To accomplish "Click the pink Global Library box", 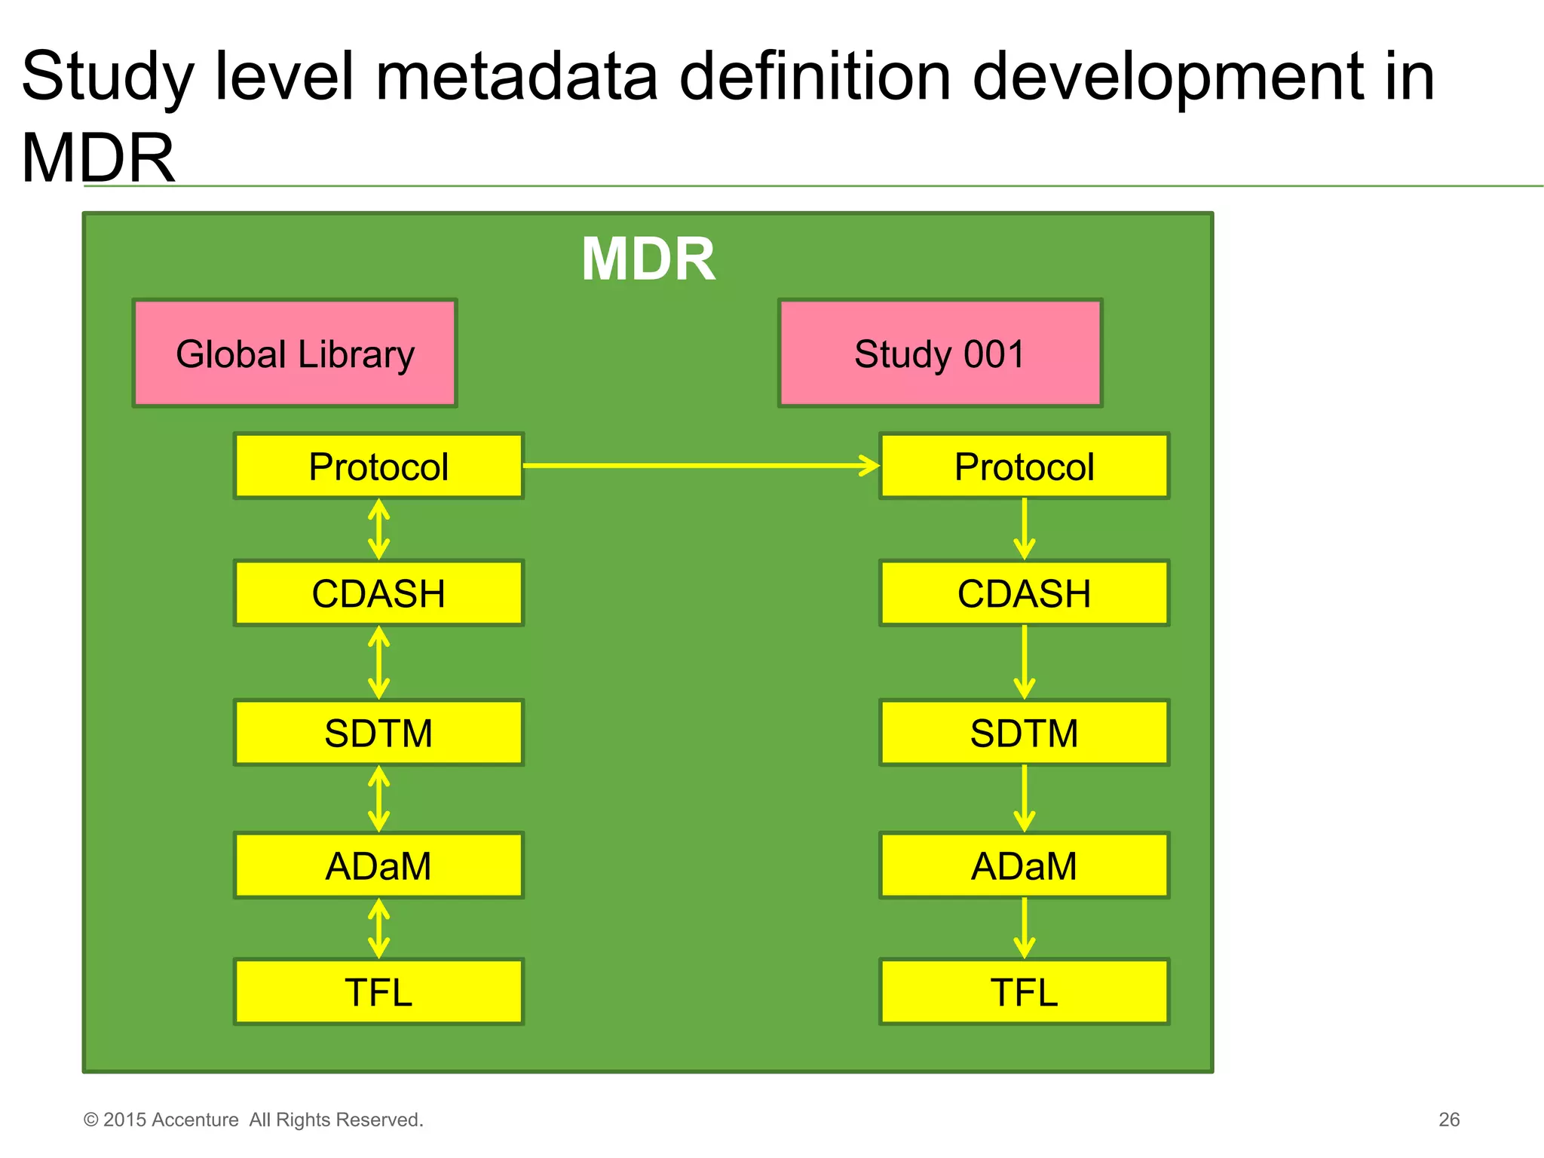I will (295, 354).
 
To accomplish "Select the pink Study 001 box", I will (940, 354).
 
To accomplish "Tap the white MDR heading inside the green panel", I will (648, 259).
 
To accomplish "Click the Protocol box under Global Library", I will (378, 466).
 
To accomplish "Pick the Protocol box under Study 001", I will (1024, 466).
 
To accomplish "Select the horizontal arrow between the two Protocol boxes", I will (701, 465).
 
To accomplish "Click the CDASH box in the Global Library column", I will (378, 593).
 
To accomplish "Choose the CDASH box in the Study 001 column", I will (1024, 593).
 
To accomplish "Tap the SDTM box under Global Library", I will (378, 733).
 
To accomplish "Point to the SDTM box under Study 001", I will (1024, 733).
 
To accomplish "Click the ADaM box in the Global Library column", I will (378, 865).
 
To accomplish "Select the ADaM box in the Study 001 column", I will (1024, 865).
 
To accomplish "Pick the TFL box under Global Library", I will (378, 991).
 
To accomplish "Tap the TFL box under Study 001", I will (1024, 991).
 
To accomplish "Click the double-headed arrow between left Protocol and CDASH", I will (378, 529).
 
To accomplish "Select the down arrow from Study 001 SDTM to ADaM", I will (1024, 798).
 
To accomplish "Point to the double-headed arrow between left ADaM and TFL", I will (378, 928).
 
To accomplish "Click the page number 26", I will (1448, 1120).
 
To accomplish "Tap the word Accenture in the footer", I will (195, 1120).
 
